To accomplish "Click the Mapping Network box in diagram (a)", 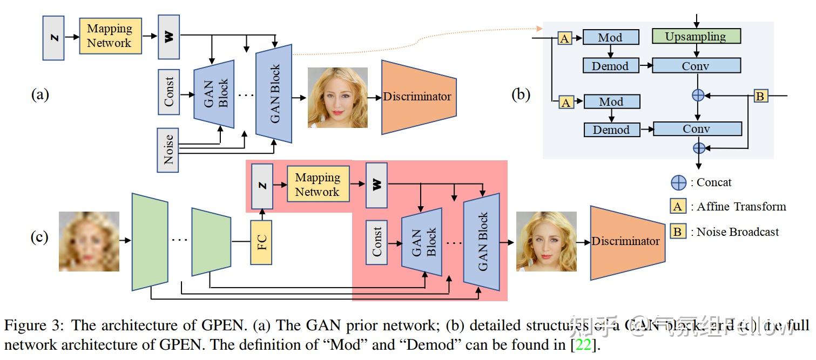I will click(110, 36).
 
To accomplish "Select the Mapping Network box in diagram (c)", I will click(317, 185).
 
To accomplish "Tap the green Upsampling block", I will click(696, 37).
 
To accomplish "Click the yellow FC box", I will click(261, 242).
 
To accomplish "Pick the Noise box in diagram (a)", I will click(168, 150).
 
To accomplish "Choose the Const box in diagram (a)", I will click(168, 92).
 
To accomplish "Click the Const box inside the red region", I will click(376, 242).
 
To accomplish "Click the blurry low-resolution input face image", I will click(89, 241).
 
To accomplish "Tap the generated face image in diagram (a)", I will click(338, 98).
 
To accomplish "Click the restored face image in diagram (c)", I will click(546, 241).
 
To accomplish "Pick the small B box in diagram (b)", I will click(760, 97).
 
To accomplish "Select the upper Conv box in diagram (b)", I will click(696, 66).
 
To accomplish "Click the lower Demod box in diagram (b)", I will click(611, 130).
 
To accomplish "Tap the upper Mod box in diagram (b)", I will click(610, 37).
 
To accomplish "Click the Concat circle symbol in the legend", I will click(678, 182).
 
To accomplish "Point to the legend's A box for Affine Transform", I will click(678, 207).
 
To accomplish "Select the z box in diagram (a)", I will click(53, 37).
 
